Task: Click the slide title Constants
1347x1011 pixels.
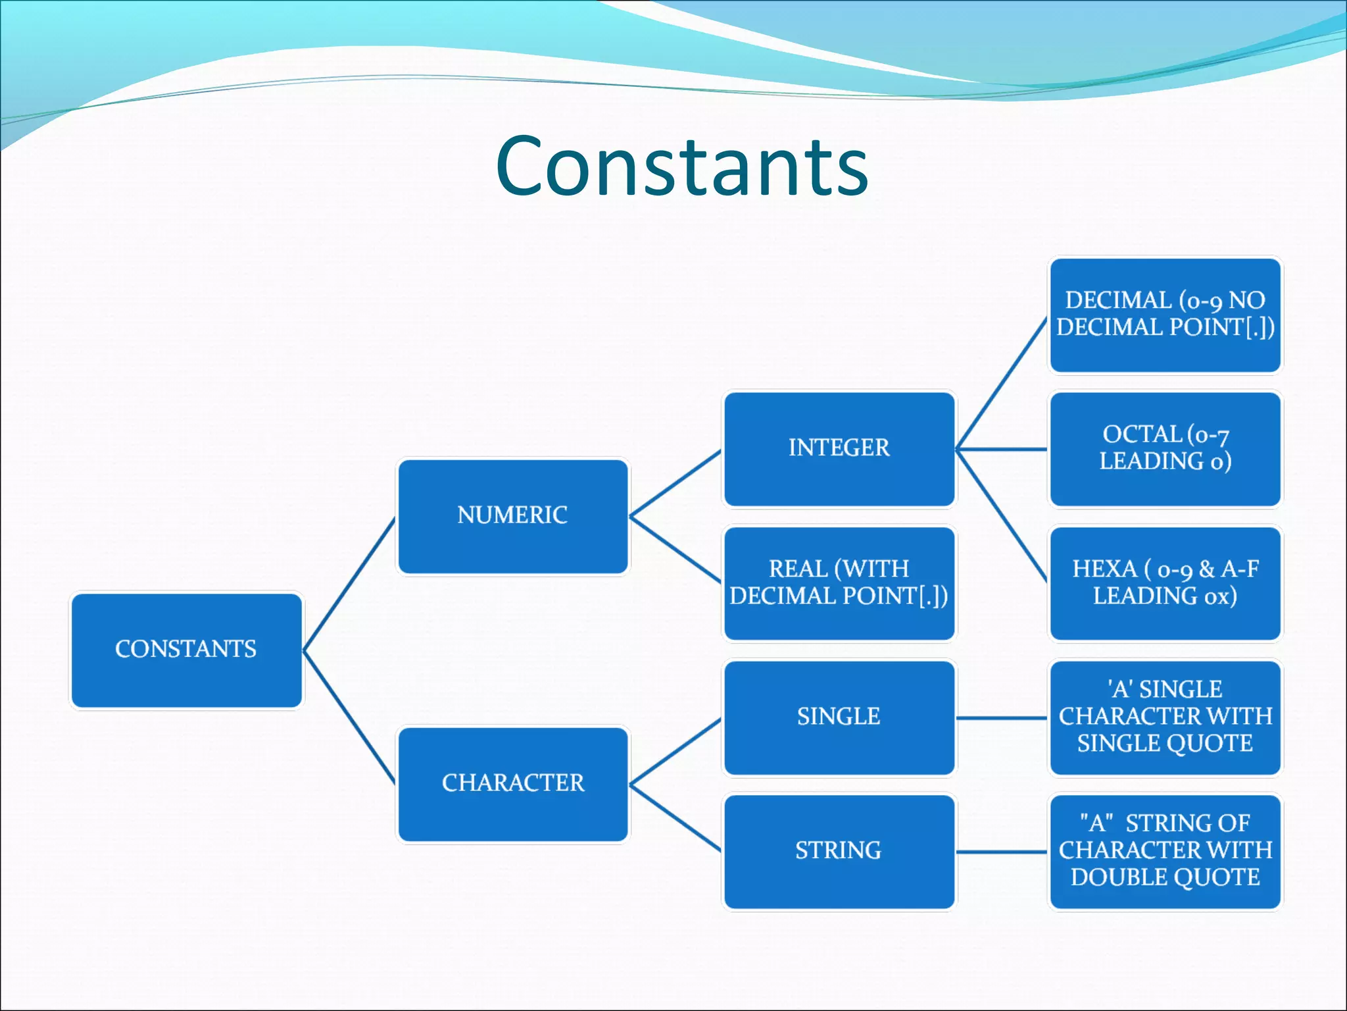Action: pyautogui.click(x=682, y=166)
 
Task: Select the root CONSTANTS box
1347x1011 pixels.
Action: pyautogui.click(x=187, y=650)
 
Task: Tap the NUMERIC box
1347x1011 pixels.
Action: pyautogui.click(x=512, y=516)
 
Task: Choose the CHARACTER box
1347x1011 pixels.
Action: pyautogui.click(x=512, y=783)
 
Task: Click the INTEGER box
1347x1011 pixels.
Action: pyautogui.click(x=839, y=449)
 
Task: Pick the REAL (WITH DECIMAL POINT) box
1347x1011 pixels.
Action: pyautogui.click(x=839, y=583)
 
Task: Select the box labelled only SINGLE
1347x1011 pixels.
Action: pyautogui.click(x=839, y=717)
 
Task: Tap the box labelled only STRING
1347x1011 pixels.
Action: pyautogui.click(x=839, y=851)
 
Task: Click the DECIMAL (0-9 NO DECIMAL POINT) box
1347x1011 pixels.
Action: pyautogui.click(x=1165, y=315)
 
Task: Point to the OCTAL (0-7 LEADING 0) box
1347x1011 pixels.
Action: pyautogui.click(x=1165, y=449)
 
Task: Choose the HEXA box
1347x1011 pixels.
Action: pyautogui.click(x=1165, y=583)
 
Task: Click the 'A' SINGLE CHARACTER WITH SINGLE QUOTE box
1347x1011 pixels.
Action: pyautogui.click(x=1165, y=717)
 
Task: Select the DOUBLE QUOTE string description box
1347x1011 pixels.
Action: pyautogui.click(x=1165, y=851)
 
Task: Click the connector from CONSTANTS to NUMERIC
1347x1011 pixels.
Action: pyautogui.click(x=349, y=584)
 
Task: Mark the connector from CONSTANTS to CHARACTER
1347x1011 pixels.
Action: pyautogui.click(x=349, y=717)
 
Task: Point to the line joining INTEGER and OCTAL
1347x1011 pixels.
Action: pyautogui.click(x=1001, y=450)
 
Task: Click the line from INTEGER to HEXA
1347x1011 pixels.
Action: pyautogui.click(x=1001, y=516)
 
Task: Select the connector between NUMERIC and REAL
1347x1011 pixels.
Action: pyautogui.click(x=675, y=550)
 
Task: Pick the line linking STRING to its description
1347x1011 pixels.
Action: pyautogui.click(x=1001, y=852)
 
